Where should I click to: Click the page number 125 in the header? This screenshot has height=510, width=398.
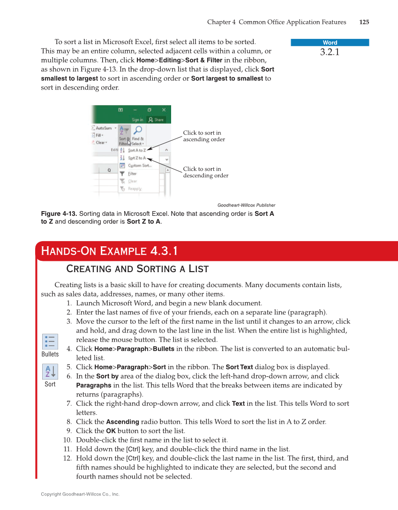pyautogui.click(x=364, y=22)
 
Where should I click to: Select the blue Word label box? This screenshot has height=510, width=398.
pyautogui.click(x=330, y=43)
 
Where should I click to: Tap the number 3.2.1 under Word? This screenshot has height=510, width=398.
pyautogui.click(x=330, y=52)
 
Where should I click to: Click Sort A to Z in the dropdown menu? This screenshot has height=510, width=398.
pyautogui.click(x=136, y=150)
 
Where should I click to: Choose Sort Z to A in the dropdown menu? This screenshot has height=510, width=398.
pyautogui.click(x=136, y=158)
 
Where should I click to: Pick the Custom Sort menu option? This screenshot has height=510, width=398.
pyautogui.click(x=139, y=166)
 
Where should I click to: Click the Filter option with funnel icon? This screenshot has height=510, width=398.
pyautogui.click(x=132, y=174)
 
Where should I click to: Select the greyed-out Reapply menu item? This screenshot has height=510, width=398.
pyautogui.click(x=134, y=189)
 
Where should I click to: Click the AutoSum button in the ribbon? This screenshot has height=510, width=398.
pyautogui.click(x=103, y=128)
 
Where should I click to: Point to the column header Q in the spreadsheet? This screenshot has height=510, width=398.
pyautogui.click(x=109, y=170)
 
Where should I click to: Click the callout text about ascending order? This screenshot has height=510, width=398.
pyautogui.click(x=203, y=136)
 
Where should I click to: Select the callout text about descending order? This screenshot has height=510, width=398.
pyautogui.click(x=205, y=172)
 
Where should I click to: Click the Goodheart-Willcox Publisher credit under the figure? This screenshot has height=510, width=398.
pyautogui.click(x=246, y=205)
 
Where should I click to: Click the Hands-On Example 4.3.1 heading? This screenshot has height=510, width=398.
pyautogui.click(x=109, y=251)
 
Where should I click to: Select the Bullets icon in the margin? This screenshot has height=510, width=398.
pyautogui.click(x=50, y=341)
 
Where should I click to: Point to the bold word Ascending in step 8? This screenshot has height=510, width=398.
pyautogui.click(x=122, y=422)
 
